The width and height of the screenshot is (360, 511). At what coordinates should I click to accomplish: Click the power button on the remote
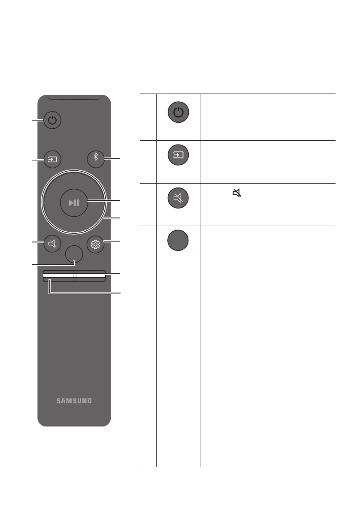click(52, 120)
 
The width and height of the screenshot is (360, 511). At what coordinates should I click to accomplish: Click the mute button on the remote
click(52, 244)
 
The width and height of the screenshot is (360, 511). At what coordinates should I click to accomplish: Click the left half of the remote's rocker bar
click(58, 276)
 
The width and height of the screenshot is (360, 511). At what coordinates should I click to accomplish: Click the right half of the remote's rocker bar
click(90, 276)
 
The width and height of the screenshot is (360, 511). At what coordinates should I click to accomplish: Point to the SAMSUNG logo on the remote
click(74, 401)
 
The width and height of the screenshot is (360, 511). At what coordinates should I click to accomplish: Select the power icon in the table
click(178, 113)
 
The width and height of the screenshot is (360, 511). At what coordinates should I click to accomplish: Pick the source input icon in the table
click(178, 155)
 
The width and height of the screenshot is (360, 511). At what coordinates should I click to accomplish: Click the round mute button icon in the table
click(178, 197)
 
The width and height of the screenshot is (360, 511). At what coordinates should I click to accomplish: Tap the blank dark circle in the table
click(178, 240)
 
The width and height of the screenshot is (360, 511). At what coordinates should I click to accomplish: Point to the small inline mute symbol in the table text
click(236, 194)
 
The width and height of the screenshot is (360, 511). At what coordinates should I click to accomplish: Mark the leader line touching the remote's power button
click(37, 121)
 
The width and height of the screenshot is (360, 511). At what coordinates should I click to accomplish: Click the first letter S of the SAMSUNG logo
click(59, 401)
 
